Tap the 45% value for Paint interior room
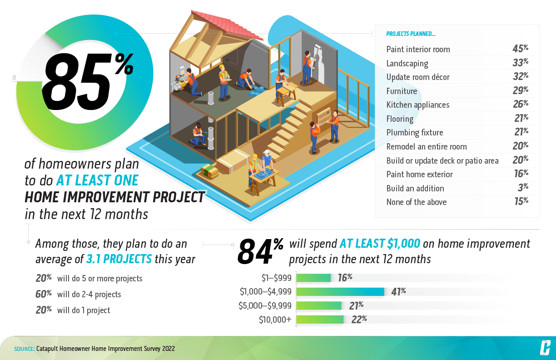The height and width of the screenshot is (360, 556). [520, 49]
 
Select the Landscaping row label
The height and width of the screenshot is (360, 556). [407, 64]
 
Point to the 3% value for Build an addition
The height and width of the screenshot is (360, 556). [523, 188]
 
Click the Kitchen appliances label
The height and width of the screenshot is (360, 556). [418, 105]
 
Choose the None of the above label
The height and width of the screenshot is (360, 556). [416, 202]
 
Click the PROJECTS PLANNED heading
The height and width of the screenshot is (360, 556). [411, 34]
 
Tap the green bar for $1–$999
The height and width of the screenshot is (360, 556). [313, 278]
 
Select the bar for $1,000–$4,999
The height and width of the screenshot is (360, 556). [340, 292]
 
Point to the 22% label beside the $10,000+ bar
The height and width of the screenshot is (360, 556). [359, 319]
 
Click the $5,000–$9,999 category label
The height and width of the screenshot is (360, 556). [265, 305]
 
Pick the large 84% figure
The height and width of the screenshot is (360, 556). [260, 251]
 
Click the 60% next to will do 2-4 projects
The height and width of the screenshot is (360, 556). [44, 294]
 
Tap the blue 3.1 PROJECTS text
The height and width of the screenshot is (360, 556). [119, 259]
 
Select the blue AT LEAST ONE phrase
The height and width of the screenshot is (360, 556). [97, 180]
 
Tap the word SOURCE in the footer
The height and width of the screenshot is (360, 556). [25, 349]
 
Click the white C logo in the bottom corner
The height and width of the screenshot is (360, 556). [545, 348]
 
